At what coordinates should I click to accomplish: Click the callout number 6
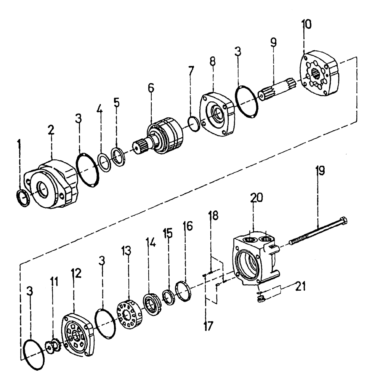151,88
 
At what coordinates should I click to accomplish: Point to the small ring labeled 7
194,125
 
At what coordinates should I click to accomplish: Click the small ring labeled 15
169,298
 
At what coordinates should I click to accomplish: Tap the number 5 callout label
117,102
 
